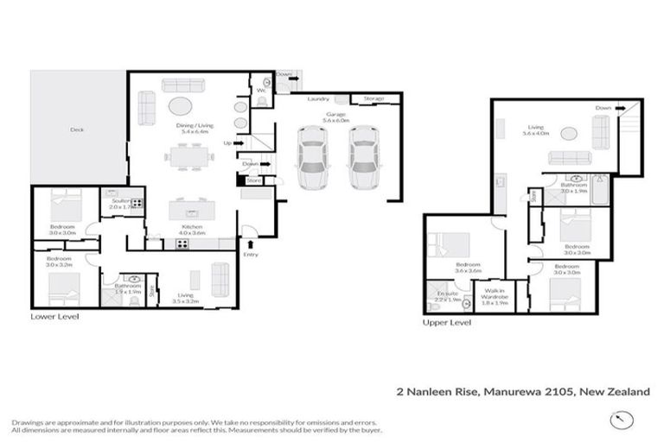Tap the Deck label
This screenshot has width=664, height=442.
(77, 130)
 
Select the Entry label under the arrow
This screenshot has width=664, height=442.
(251, 255)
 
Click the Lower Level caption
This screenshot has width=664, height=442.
(54, 317)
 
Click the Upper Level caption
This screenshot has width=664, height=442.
(446, 322)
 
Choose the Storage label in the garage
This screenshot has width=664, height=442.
(373, 98)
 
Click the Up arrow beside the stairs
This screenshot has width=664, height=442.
(228, 143)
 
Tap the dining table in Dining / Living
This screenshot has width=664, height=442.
(190, 157)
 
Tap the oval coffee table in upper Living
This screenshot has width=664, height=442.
(568, 134)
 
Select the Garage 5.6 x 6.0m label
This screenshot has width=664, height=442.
(336, 117)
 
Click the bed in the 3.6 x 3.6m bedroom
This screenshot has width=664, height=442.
(449, 244)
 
